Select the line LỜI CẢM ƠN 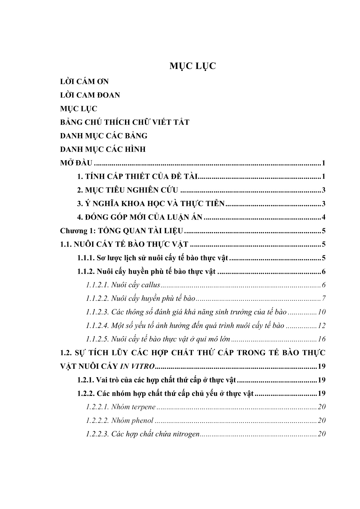84,81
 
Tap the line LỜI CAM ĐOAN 90,95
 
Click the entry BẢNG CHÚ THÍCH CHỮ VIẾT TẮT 124,122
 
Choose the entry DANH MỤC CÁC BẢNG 104,136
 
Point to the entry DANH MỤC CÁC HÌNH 103,150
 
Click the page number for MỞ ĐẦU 324,163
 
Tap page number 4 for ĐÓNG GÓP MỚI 324,217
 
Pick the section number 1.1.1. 85,258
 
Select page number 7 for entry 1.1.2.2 324,299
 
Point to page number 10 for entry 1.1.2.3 321,312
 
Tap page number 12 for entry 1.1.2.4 321,326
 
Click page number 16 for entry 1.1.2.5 321,339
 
